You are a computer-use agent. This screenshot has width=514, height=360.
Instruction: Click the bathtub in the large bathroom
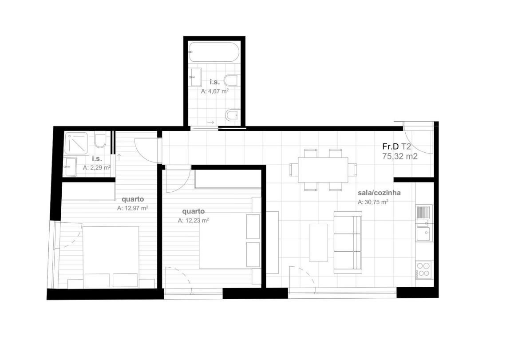tap(214, 52)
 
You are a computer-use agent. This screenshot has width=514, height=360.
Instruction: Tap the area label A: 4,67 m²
tap(215, 91)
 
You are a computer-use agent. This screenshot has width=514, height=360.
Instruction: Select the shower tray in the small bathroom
tap(76, 143)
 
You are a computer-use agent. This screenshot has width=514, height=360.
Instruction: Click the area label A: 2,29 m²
tap(97, 167)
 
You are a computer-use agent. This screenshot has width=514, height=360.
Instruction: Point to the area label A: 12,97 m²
tap(132, 208)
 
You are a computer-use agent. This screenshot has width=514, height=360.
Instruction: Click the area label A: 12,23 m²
tap(194, 220)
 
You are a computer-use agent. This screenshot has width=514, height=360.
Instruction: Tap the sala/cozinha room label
tap(379, 193)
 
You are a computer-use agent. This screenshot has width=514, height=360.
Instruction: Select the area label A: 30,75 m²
tap(373, 202)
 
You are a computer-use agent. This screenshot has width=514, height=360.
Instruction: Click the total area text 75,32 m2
tap(400, 156)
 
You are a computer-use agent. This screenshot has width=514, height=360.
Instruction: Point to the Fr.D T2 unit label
tap(396, 146)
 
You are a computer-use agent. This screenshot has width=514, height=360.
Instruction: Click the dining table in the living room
tap(323, 170)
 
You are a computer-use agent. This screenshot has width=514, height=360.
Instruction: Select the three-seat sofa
tap(348, 243)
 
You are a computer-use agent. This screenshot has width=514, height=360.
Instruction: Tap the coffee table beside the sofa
tap(318, 242)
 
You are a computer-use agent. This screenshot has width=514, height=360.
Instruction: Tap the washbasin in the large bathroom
tap(196, 77)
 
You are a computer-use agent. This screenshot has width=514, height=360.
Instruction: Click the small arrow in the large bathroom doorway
tap(210, 123)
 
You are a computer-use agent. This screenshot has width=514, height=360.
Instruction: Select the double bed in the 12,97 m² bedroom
tap(111, 257)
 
